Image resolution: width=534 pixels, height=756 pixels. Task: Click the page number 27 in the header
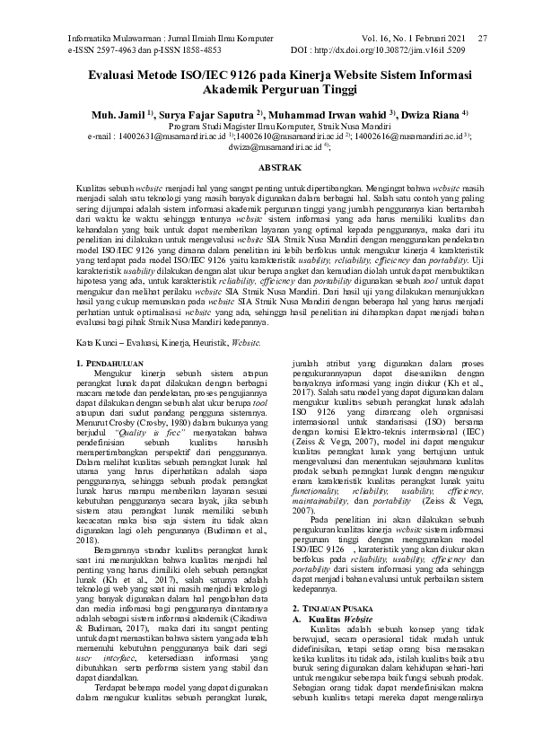[x=483, y=39]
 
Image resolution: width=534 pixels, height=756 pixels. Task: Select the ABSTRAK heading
[x=267, y=167]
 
